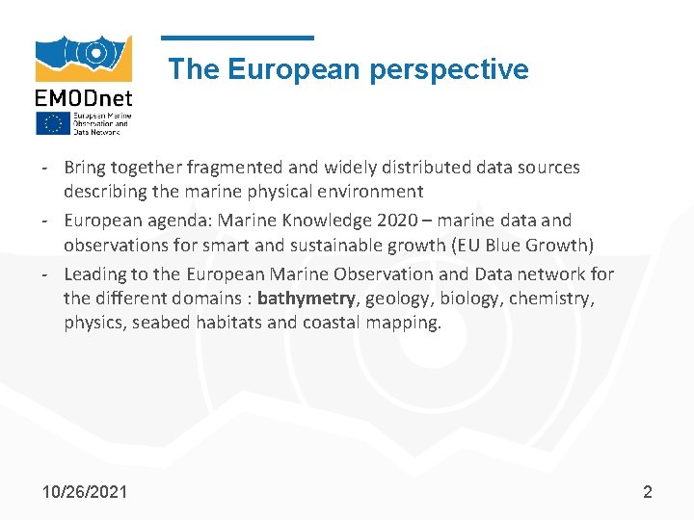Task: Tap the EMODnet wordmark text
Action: (x=84, y=97)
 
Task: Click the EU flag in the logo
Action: (x=52, y=123)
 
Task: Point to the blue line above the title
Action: (x=237, y=39)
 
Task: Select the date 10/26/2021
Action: (x=85, y=492)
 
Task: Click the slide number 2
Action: (x=648, y=492)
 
